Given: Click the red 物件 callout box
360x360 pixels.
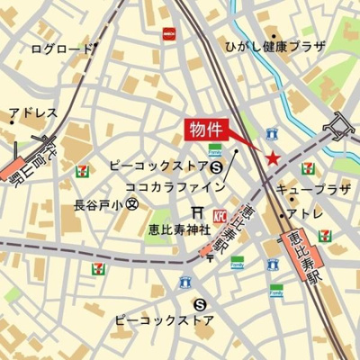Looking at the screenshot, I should tap(206, 129).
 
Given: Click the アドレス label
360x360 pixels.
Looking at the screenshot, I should tap(34, 114).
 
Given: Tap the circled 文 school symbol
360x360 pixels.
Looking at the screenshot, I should tap(132, 205).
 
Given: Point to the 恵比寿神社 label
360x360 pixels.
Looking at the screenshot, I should tap(179, 229).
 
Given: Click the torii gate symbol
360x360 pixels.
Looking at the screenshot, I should tap(198, 212).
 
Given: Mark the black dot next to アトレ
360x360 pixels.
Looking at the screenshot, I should tap(281, 214).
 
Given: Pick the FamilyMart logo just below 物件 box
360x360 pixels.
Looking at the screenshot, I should tap(215, 150).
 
